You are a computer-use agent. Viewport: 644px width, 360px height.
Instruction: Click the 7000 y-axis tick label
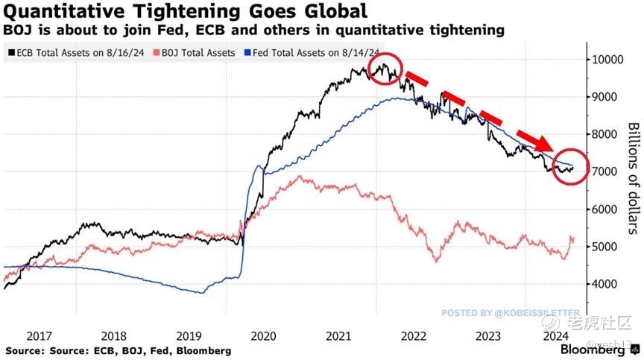pos(607,171)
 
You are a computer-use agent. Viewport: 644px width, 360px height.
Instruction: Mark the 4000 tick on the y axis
pos(607,284)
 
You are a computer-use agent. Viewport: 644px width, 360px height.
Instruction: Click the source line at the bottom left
pos(118,350)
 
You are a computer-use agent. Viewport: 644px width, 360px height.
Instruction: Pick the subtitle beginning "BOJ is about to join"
pos(253,31)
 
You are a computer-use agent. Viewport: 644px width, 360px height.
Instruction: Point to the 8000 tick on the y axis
pos(607,134)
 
